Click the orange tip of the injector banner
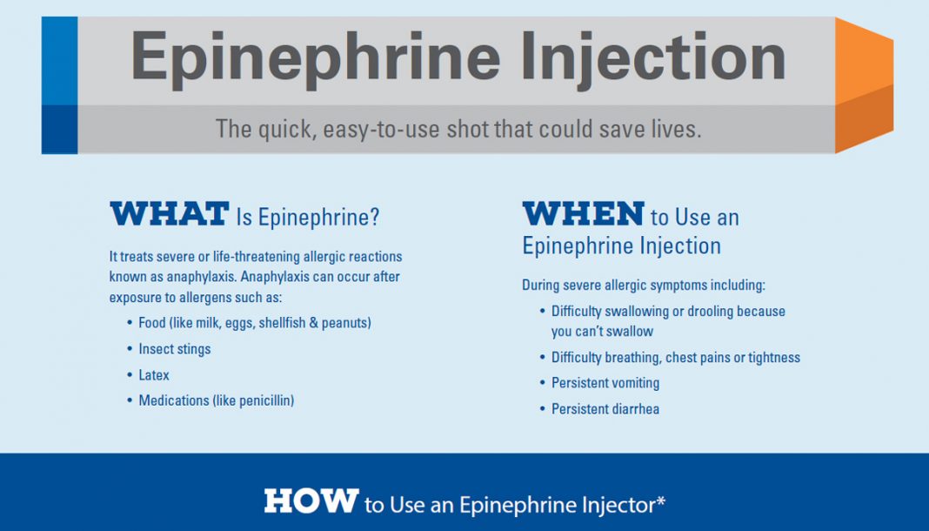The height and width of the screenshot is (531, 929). pos(864,85)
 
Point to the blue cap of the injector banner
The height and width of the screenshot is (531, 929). pos(59,85)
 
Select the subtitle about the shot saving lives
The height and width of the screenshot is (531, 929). pos(458,129)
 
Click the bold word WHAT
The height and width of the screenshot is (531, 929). pos(170,214)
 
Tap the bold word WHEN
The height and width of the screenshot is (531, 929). pos(584,214)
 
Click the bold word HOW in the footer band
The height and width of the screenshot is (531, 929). pos(311,501)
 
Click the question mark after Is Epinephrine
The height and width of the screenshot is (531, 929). pos(374,217)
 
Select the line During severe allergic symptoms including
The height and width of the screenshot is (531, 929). pos(644,285)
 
